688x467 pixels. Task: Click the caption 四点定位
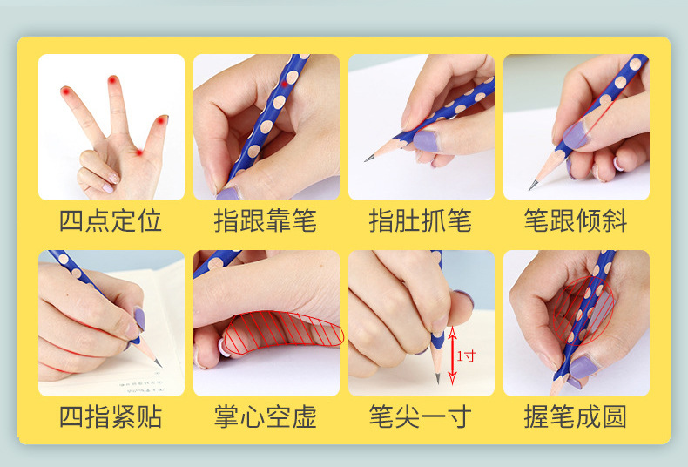110,220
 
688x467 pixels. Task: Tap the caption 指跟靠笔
266,220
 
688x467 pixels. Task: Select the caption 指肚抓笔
421,220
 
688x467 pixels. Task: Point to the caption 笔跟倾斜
576,220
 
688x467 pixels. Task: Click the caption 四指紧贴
110,416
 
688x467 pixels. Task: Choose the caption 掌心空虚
266,416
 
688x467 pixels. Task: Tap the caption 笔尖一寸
421,416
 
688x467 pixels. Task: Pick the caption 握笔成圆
576,416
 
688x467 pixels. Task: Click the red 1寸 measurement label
467,355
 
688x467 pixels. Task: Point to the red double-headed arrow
452,355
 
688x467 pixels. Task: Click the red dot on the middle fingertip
112,80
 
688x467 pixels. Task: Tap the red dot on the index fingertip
66,91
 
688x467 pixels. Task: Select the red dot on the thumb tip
161,120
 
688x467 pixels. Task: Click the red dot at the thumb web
139,152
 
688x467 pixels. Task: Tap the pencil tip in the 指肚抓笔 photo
366,159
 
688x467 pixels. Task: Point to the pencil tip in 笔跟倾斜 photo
531,188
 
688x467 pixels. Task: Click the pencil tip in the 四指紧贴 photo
159,365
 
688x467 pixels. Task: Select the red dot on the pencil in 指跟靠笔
284,84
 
